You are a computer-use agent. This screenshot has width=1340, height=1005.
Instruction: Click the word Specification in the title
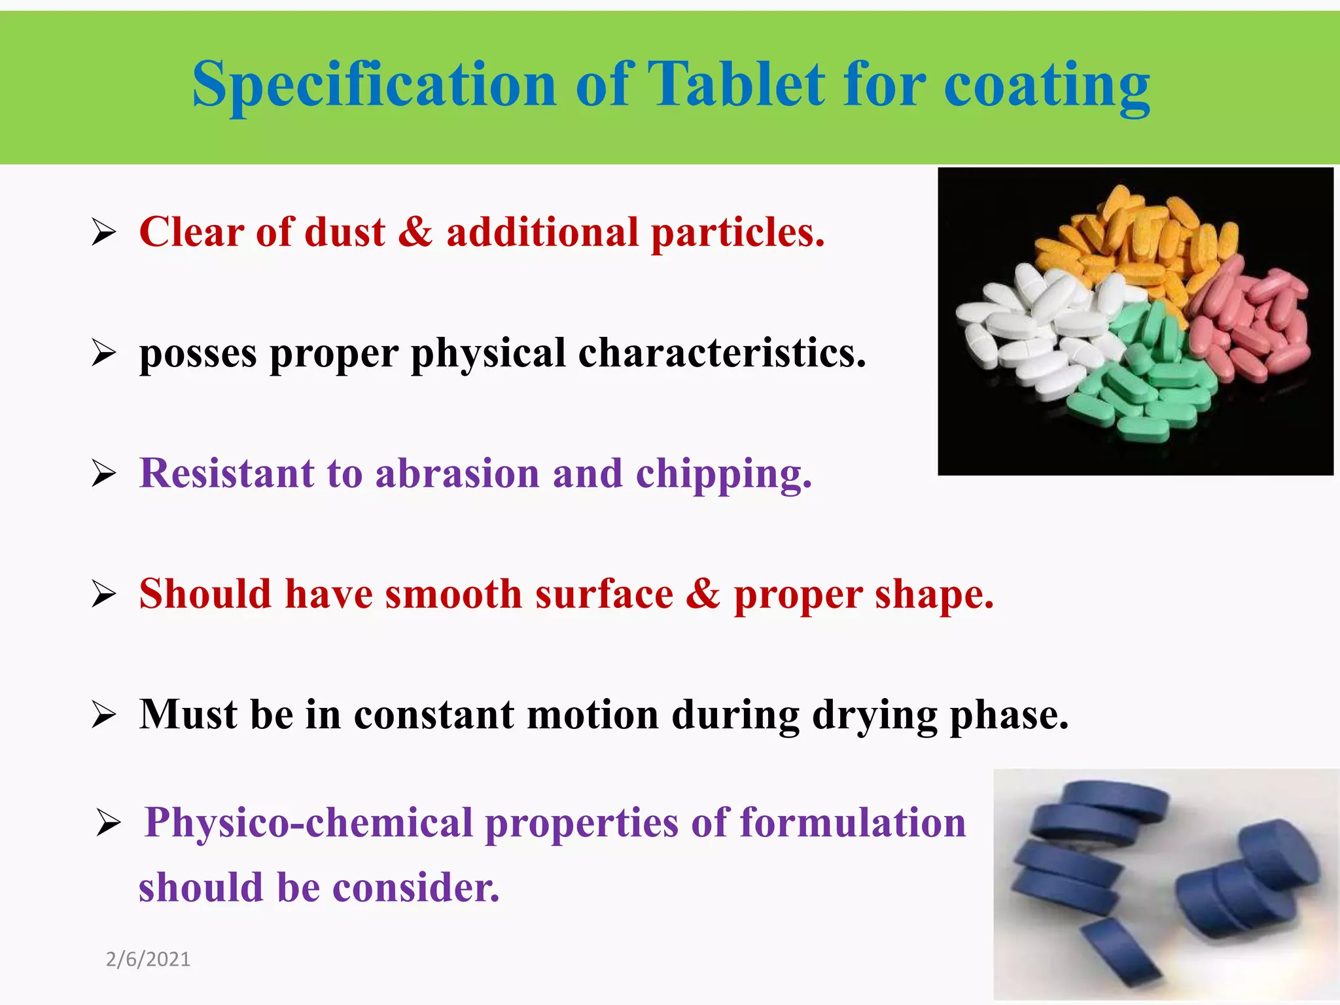(374, 85)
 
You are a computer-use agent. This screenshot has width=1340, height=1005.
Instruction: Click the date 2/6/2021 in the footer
(148, 959)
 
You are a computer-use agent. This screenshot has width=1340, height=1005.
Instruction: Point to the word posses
(198, 353)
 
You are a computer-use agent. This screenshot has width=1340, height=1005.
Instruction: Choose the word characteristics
(722, 353)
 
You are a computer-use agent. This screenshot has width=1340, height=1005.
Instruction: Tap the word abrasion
(457, 473)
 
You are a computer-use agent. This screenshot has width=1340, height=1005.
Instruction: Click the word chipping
(724, 474)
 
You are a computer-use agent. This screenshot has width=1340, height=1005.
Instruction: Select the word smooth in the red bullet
(453, 594)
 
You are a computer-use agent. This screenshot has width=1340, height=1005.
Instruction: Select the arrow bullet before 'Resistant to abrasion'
(104, 473)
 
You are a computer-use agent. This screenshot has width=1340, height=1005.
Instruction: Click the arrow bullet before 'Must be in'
(104, 714)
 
